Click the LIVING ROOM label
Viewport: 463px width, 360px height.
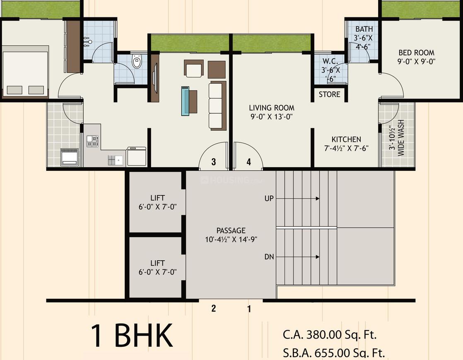(x=272, y=108)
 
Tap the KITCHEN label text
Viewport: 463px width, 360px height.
(x=346, y=139)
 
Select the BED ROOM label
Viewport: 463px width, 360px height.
(x=416, y=53)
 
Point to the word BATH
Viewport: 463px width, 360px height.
(x=364, y=29)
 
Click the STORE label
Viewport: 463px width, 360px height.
(x=329, y=94)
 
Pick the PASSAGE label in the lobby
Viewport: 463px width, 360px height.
(x=231, y=230)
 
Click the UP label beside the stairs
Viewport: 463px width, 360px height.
(x=269, y=199)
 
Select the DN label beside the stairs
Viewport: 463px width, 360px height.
(x=269, y=257)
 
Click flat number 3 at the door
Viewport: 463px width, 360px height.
(x=213, y=162)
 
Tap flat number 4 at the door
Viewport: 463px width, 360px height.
(x=248, y=162)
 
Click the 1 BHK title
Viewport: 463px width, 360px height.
(x=131, y=336)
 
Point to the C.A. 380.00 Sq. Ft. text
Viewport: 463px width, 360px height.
(x=330, y=334)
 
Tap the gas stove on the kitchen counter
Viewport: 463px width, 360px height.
(x=92, y=142)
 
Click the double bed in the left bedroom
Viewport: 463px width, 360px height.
(x=25, y=72)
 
